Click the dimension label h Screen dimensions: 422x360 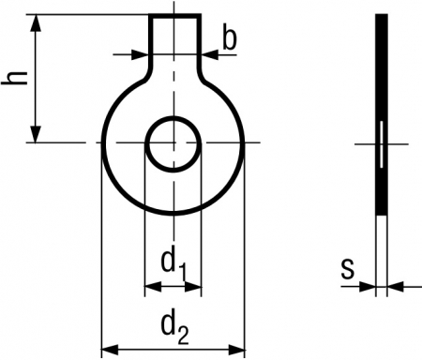[14, 78]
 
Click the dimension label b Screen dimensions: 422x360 [230, 39]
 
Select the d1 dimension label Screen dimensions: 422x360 [174, 265]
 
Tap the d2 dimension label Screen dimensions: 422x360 [175, 328]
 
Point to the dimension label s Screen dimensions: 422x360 [348, 269]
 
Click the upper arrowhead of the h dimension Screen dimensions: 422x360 [36, 22]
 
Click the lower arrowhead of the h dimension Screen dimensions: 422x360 [36, 134]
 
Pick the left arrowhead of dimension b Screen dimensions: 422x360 [140, 54]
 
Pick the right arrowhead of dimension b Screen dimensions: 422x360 [209, 54]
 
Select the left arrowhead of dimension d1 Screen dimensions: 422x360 [153, 286]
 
